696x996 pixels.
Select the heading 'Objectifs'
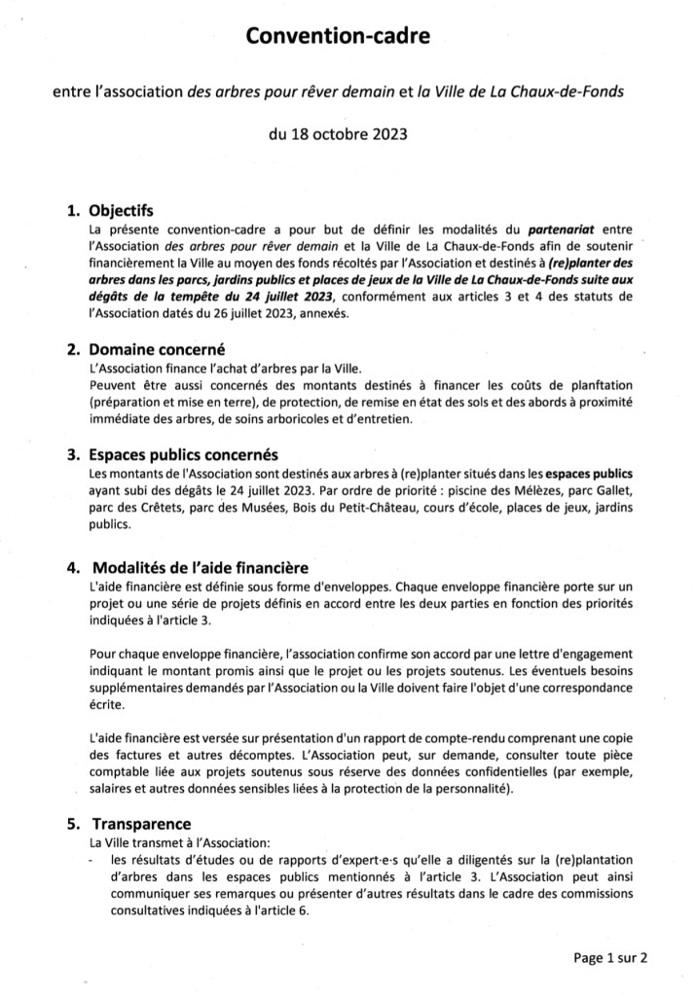tap(120, 209)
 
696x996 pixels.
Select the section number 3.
tap(72, 454)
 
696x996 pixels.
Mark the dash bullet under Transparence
tap(91, 860)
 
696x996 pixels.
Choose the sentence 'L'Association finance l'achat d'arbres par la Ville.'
tap(227, 369)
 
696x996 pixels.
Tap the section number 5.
tap(72, 824)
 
